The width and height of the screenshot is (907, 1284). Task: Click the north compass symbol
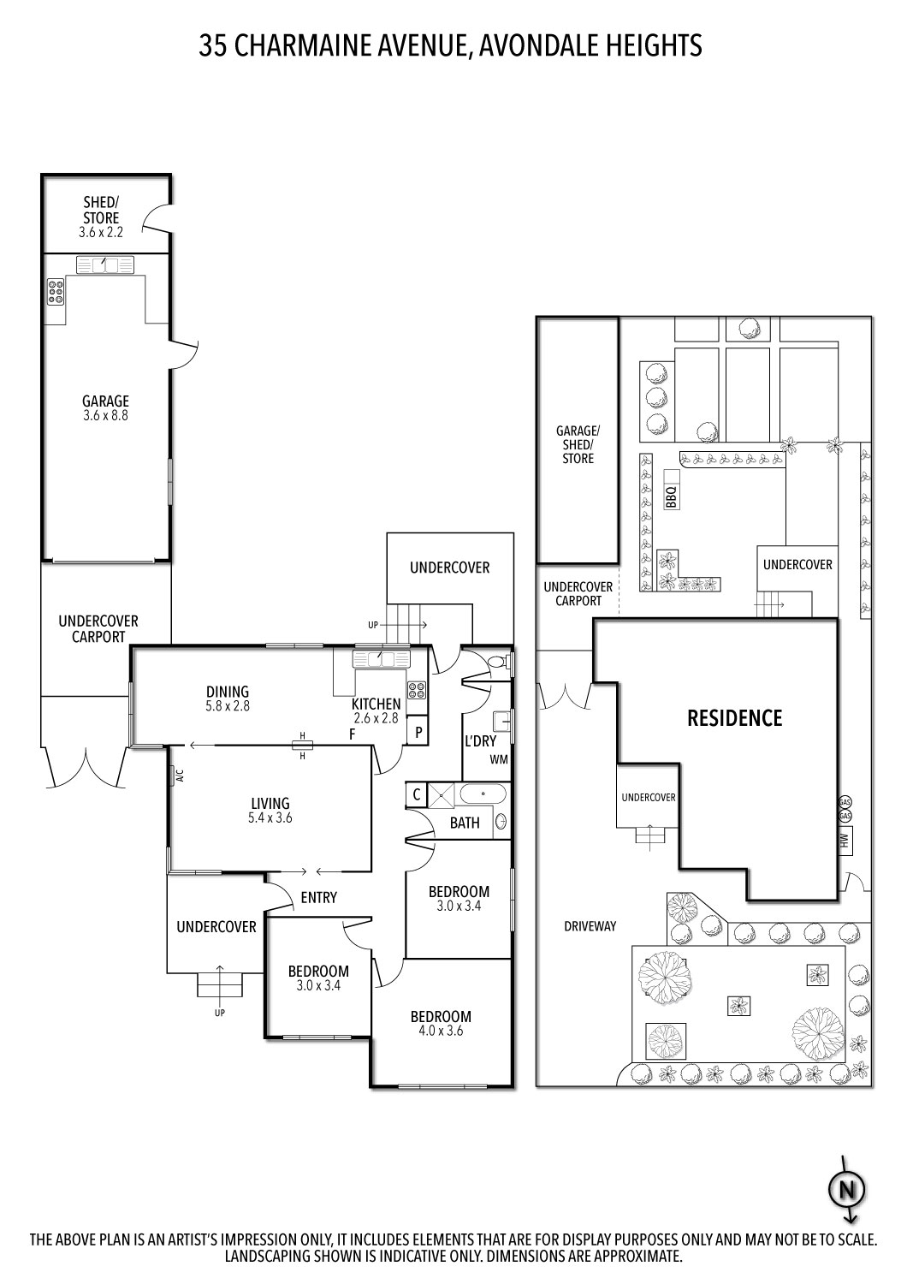point(848,1190)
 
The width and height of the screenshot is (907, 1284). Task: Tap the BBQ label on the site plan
point(671,497)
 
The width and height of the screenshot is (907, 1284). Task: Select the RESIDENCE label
point(734,717)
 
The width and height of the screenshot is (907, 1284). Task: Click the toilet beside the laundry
point(499,662)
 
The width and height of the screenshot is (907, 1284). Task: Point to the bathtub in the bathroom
point(483,794)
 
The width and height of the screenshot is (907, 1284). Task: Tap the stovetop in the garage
point(56,293)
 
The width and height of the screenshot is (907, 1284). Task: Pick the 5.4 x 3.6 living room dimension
point(270,817)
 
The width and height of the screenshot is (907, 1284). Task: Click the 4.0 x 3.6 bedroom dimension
point(441,1031)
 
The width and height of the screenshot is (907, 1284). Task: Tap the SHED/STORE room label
point(101,211)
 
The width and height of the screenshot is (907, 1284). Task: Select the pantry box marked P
point(418,732)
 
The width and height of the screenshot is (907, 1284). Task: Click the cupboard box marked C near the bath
point(416,794)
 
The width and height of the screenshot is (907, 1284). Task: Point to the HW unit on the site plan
point(844,840)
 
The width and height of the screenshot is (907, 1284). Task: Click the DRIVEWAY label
point(590,925)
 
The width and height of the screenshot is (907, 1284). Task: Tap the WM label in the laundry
point(499,759)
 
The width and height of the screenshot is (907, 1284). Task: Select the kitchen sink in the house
point(382,659)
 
